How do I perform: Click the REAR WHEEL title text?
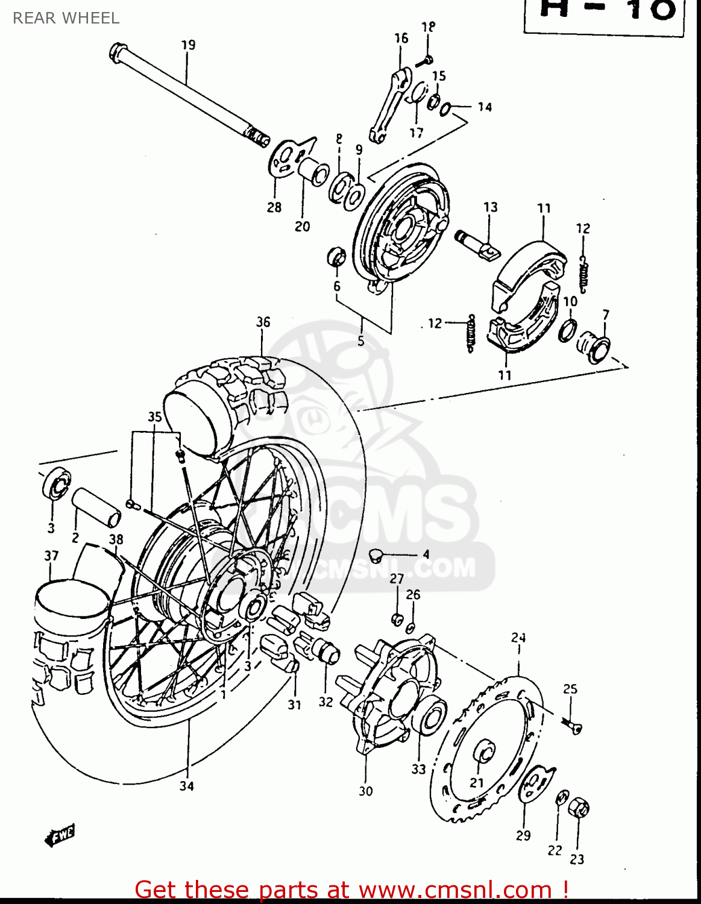point(66,18)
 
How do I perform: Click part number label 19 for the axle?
point(188,45)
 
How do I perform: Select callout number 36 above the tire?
point(263,322)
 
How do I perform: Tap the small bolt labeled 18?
point(427,60)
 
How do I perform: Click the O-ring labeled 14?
point(445,109)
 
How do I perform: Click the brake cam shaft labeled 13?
point(476,244)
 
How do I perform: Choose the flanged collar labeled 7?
point(594,347)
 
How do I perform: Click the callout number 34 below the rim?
point(187,786)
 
